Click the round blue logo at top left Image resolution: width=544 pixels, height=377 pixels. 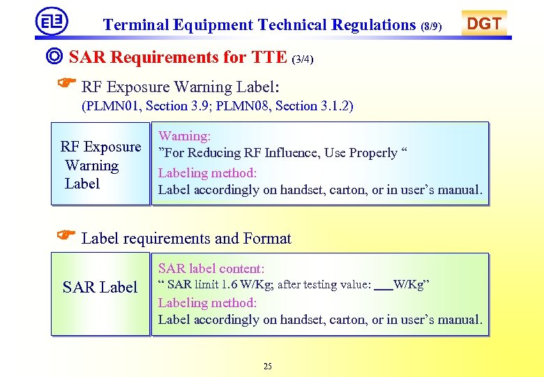pos(52,21)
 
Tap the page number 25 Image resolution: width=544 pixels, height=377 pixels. pos(268,366)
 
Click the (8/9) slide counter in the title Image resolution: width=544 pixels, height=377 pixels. pos(432,27)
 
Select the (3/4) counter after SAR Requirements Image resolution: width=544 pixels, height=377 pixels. pos(303,59)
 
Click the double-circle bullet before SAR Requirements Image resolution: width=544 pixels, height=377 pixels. pos(57,56)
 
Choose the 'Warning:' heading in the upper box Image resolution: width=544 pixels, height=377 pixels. pos(185,136)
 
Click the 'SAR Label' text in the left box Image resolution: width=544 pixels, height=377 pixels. pos(100,287)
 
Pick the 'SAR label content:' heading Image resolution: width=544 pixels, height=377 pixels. pos(211,268)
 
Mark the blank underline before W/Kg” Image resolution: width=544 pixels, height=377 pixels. pos(383,286)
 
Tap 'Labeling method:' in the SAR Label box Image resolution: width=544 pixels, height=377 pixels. pos(207,302)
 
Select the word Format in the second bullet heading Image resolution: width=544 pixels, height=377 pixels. pos(267,239)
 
